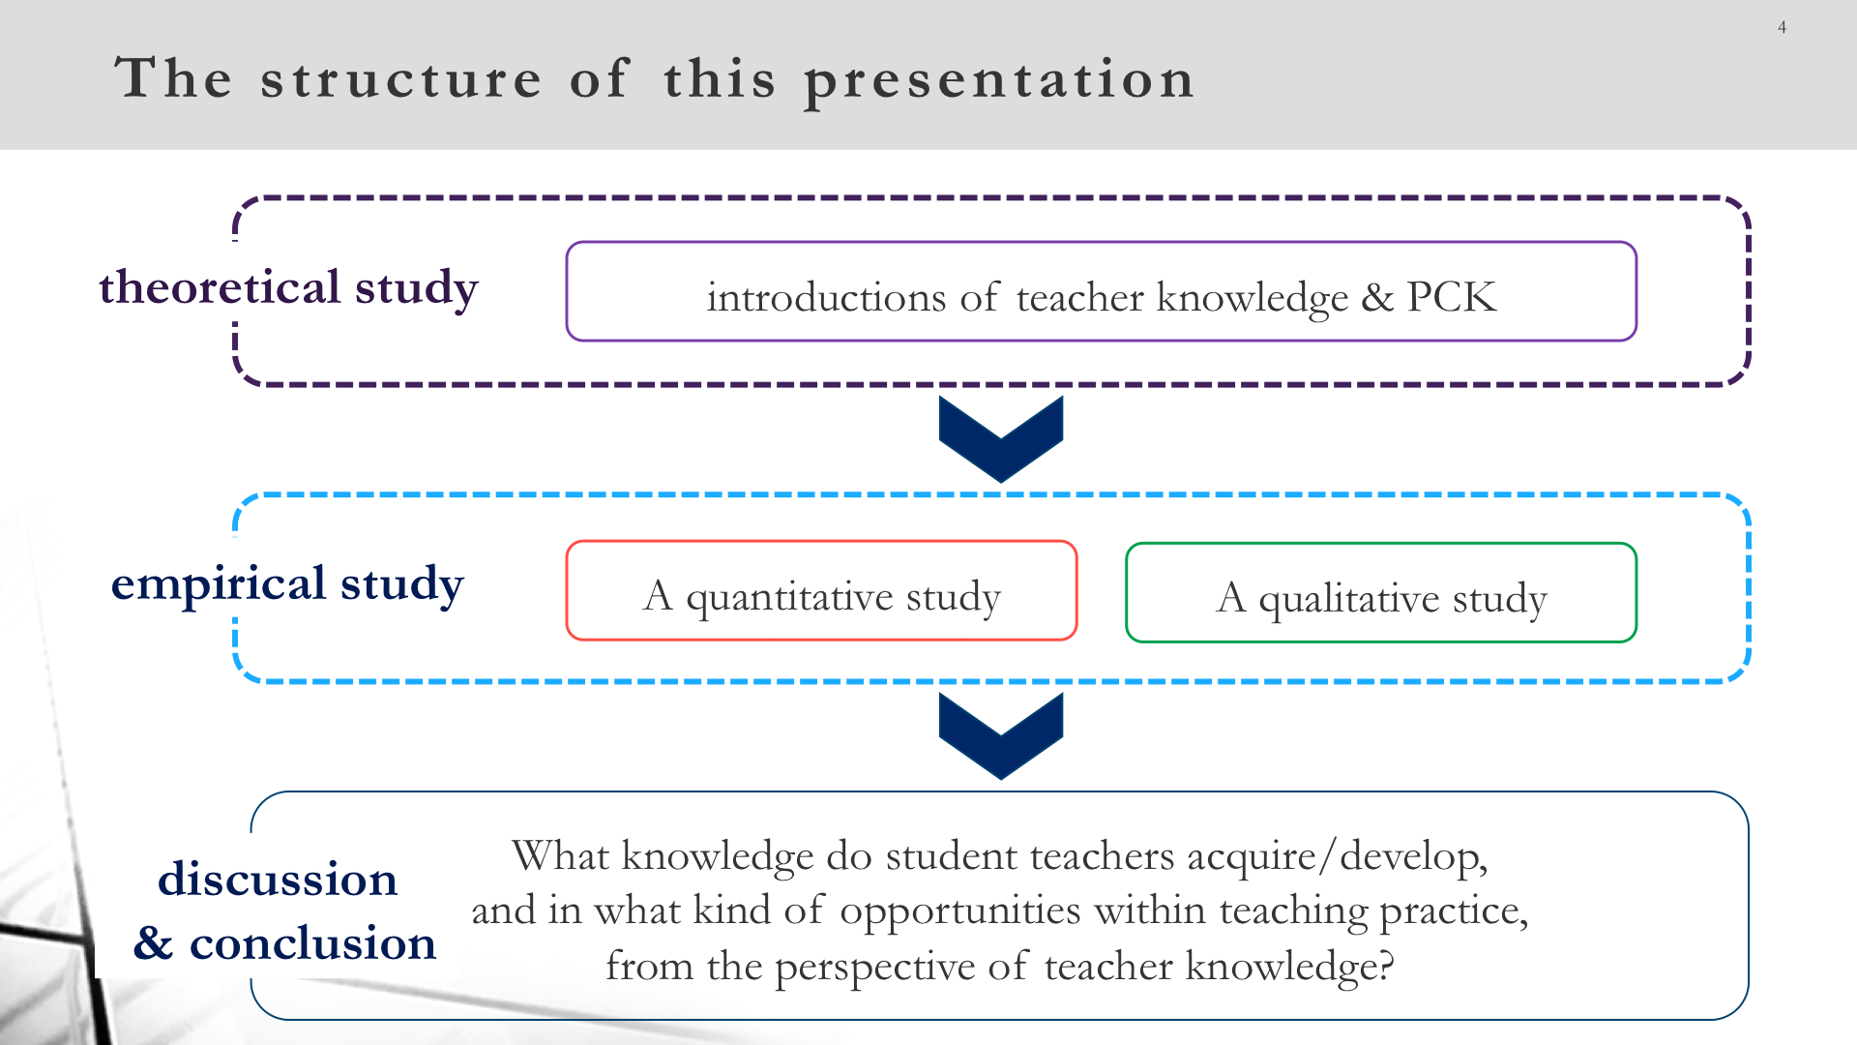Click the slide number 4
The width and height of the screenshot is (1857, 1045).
click(1782, 27)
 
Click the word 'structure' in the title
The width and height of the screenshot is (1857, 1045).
click(401, 78)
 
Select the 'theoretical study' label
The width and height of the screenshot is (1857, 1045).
click(288, 288)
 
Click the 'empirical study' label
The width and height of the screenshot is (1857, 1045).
click(287, 584)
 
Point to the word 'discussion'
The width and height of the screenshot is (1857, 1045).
click(278, 879)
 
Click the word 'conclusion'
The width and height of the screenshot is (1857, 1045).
click(312, 942)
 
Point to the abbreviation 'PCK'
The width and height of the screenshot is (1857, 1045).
click(1452, 297)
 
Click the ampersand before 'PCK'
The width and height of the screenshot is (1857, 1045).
click(1377, 297)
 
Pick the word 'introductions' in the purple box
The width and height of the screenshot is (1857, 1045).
click(826, 297)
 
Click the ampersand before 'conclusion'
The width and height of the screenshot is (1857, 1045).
click(153, 942)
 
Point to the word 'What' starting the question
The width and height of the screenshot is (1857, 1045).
click(560, 855)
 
